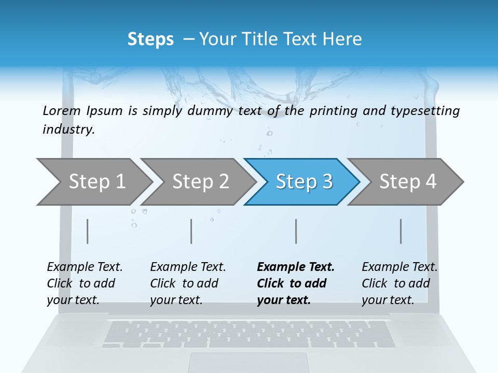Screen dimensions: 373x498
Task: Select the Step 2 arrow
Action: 200,182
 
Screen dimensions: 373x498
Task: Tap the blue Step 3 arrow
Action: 303,182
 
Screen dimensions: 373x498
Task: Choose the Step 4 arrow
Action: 407,182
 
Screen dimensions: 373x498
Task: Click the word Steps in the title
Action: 150,39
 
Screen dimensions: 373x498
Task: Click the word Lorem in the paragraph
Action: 62,110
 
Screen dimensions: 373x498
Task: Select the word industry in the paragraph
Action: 68,130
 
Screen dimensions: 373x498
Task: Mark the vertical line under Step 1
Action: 88,231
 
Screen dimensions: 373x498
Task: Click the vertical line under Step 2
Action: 191,231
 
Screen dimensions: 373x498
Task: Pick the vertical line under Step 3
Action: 296,231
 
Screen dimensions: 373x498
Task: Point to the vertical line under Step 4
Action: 400,231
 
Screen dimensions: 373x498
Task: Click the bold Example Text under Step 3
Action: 296,267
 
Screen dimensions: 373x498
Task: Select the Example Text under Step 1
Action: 85,267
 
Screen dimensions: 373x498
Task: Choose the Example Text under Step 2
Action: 188,267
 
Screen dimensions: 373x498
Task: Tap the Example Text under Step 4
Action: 399,267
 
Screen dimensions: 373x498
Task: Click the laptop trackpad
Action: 248,363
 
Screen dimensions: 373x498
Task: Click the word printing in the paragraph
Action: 334,110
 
